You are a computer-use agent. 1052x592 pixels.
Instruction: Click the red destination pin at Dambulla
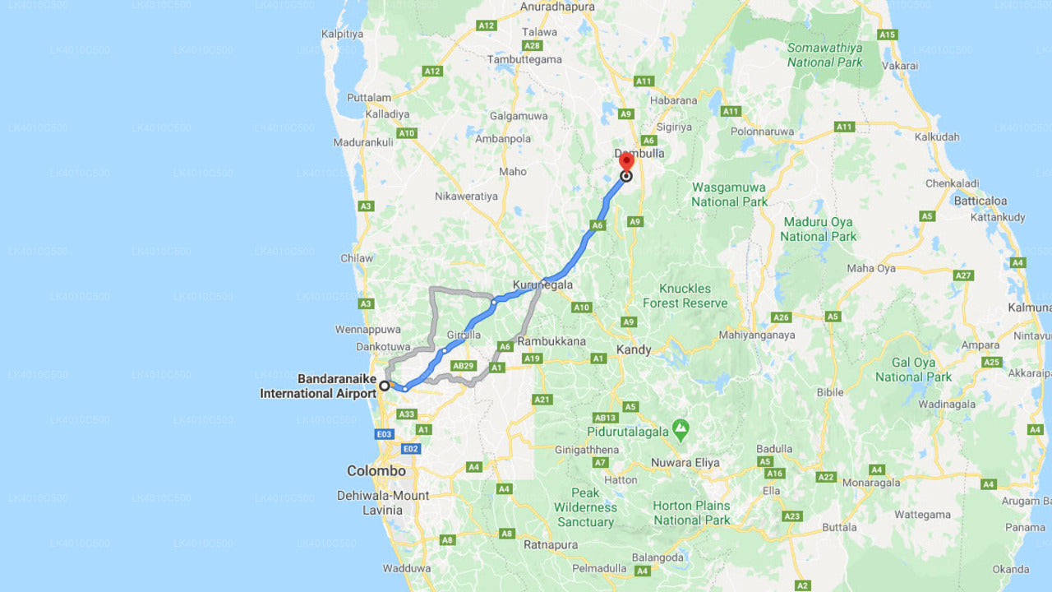(x=626, y=161)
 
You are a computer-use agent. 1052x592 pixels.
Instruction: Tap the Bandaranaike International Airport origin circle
(x=384, y=386)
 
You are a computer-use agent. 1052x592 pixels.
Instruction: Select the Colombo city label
(x=376, y=471)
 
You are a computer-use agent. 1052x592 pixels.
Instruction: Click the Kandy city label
(x=634, y=349)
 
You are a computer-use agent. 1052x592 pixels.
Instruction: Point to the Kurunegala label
(x=542, y=285)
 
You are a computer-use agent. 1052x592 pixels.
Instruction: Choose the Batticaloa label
(x=980, y=201)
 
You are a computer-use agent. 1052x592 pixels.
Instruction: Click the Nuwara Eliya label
(x=685, y=462)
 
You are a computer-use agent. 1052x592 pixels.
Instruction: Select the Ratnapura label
(x=550, y=544)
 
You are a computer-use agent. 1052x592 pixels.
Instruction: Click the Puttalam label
(x=369, y=97)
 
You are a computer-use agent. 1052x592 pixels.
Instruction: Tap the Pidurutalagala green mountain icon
(x=680, y=428)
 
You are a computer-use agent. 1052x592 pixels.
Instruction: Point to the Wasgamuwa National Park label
(x=729, y=194)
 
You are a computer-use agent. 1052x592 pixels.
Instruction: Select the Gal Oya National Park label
(x=913, y=369)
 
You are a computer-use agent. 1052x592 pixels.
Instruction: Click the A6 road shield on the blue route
(x=598, y=224)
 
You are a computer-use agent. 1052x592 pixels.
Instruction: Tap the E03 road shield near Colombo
(x=384, y=433)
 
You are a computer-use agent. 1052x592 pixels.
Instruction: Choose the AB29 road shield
(x=464, y=365)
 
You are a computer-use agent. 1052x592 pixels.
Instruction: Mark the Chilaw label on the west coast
(x=357, y=258)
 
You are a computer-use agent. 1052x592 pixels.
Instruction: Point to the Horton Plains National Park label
(x=691, y=513)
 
